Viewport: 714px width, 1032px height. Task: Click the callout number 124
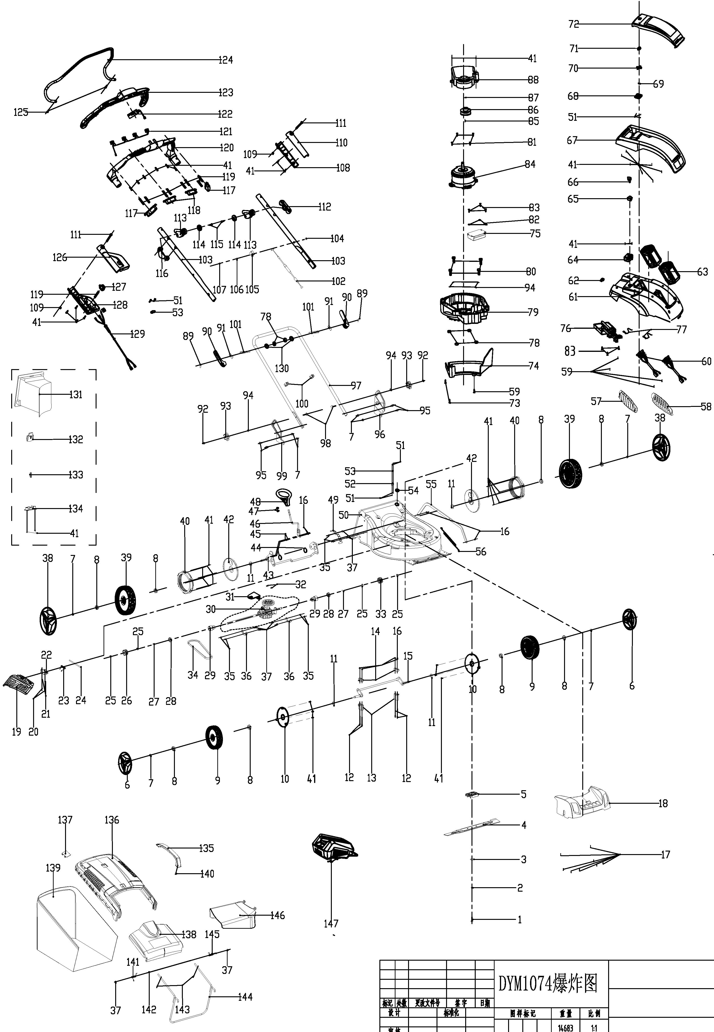225,60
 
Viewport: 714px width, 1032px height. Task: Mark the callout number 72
574,24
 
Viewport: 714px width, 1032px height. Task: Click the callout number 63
702,272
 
